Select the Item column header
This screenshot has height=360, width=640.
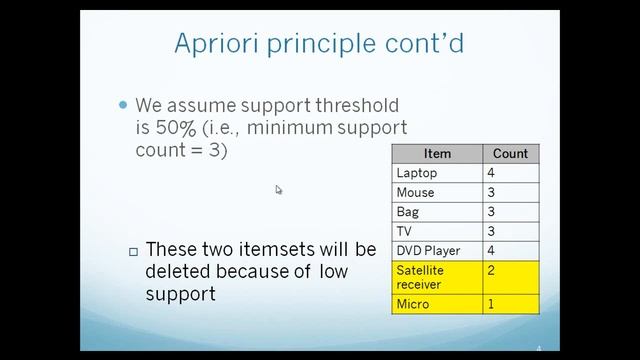437,154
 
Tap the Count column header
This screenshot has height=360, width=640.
510,154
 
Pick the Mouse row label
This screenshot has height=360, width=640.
415,192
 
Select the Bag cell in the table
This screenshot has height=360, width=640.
408,212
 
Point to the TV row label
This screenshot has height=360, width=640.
404,231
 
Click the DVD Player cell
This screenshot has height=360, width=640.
425,250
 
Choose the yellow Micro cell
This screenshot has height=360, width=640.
411,303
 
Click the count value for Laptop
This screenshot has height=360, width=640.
492,173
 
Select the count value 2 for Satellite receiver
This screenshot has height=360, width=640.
492,270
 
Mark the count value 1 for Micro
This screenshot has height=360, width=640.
492,303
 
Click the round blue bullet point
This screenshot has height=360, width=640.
124,104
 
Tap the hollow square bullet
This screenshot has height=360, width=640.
133,250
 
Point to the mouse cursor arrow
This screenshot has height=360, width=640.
278,188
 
